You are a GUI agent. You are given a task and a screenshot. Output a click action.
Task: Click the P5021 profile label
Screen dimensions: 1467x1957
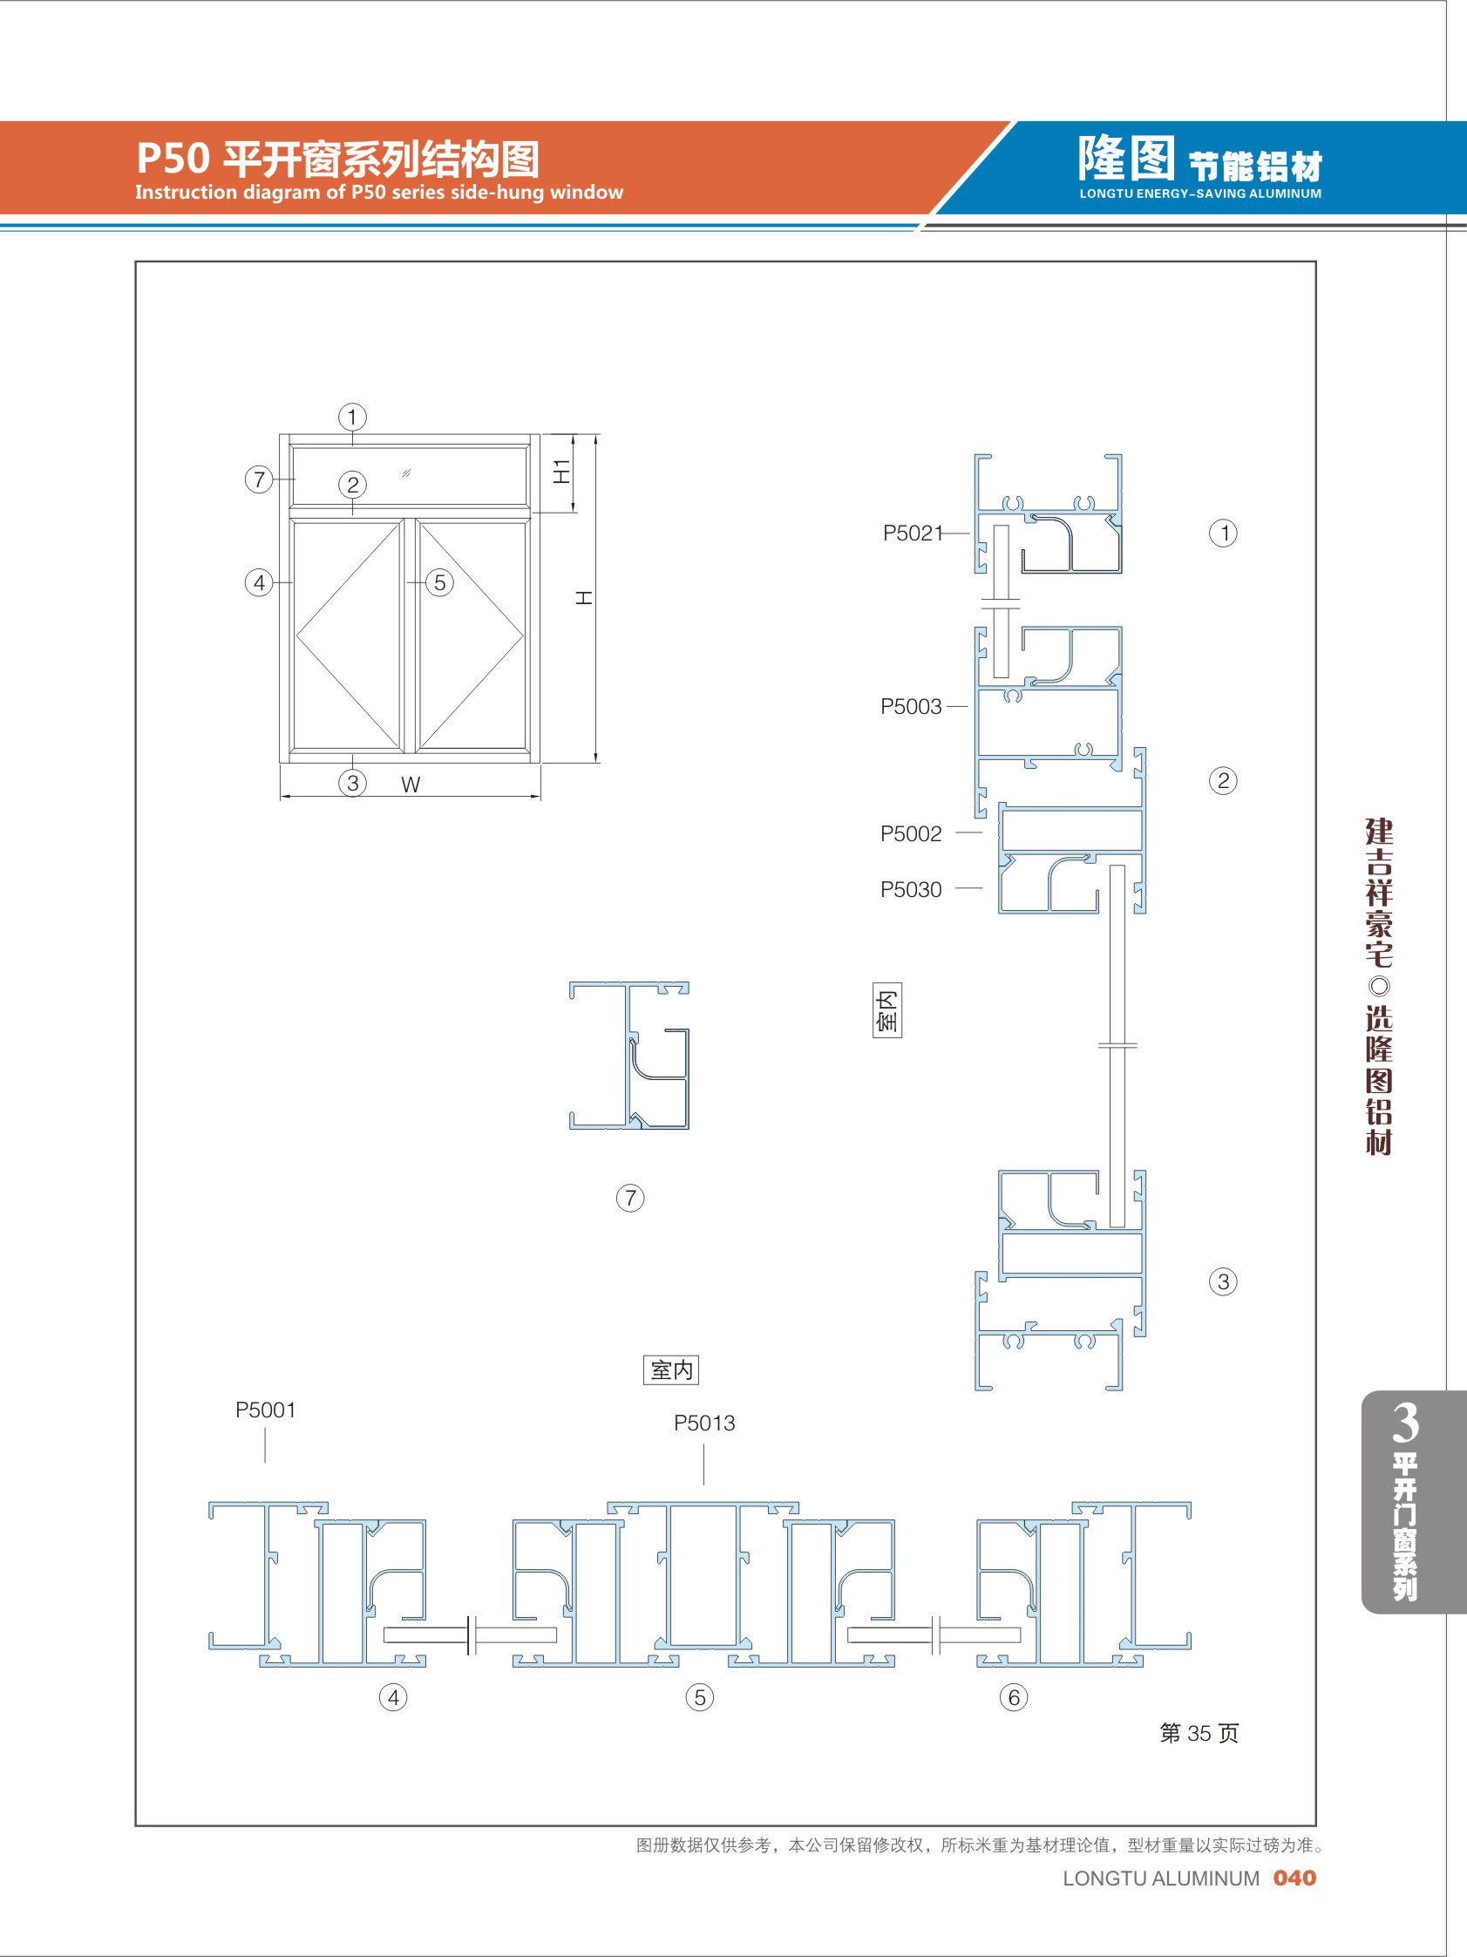(913, 533)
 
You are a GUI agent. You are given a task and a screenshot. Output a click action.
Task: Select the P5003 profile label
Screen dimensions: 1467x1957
(911, 707)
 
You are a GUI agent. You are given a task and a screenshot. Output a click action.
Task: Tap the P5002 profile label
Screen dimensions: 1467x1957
(911, 833)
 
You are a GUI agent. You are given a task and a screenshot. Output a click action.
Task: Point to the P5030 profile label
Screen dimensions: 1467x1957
(911, 889)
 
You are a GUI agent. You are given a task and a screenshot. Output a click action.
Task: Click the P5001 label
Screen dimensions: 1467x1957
(266, 1410)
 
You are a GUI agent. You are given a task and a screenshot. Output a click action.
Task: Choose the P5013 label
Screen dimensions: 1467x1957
(704, 1424)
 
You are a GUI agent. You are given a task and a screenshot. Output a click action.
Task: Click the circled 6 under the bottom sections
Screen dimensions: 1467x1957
(1014, 1698)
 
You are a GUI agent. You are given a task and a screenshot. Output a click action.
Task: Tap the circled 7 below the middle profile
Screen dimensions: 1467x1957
(630, 1199)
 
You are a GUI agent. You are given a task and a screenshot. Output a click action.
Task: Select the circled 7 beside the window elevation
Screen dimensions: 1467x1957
(258, 479)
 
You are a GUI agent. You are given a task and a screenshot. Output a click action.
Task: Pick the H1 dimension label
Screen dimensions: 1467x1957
(562, 471)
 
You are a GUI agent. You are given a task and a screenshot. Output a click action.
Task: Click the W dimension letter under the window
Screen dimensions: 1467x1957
(411, 785)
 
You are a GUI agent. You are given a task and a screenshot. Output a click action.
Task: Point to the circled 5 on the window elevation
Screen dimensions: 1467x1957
(439, 582)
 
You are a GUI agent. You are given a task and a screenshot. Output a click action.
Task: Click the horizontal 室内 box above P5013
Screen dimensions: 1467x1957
(671, 1370)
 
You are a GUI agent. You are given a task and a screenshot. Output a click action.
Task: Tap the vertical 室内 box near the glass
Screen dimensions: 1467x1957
(887, 1009)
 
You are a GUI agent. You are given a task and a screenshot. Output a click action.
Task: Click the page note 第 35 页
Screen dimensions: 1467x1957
(1199, 1733)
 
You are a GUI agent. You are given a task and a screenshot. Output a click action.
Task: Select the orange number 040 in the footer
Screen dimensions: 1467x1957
(1294, 1879)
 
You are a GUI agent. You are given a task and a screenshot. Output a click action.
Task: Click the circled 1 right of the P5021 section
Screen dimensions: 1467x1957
(1224, 533)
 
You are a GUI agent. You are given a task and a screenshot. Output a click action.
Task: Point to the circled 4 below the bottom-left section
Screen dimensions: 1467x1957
(394, 1698)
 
